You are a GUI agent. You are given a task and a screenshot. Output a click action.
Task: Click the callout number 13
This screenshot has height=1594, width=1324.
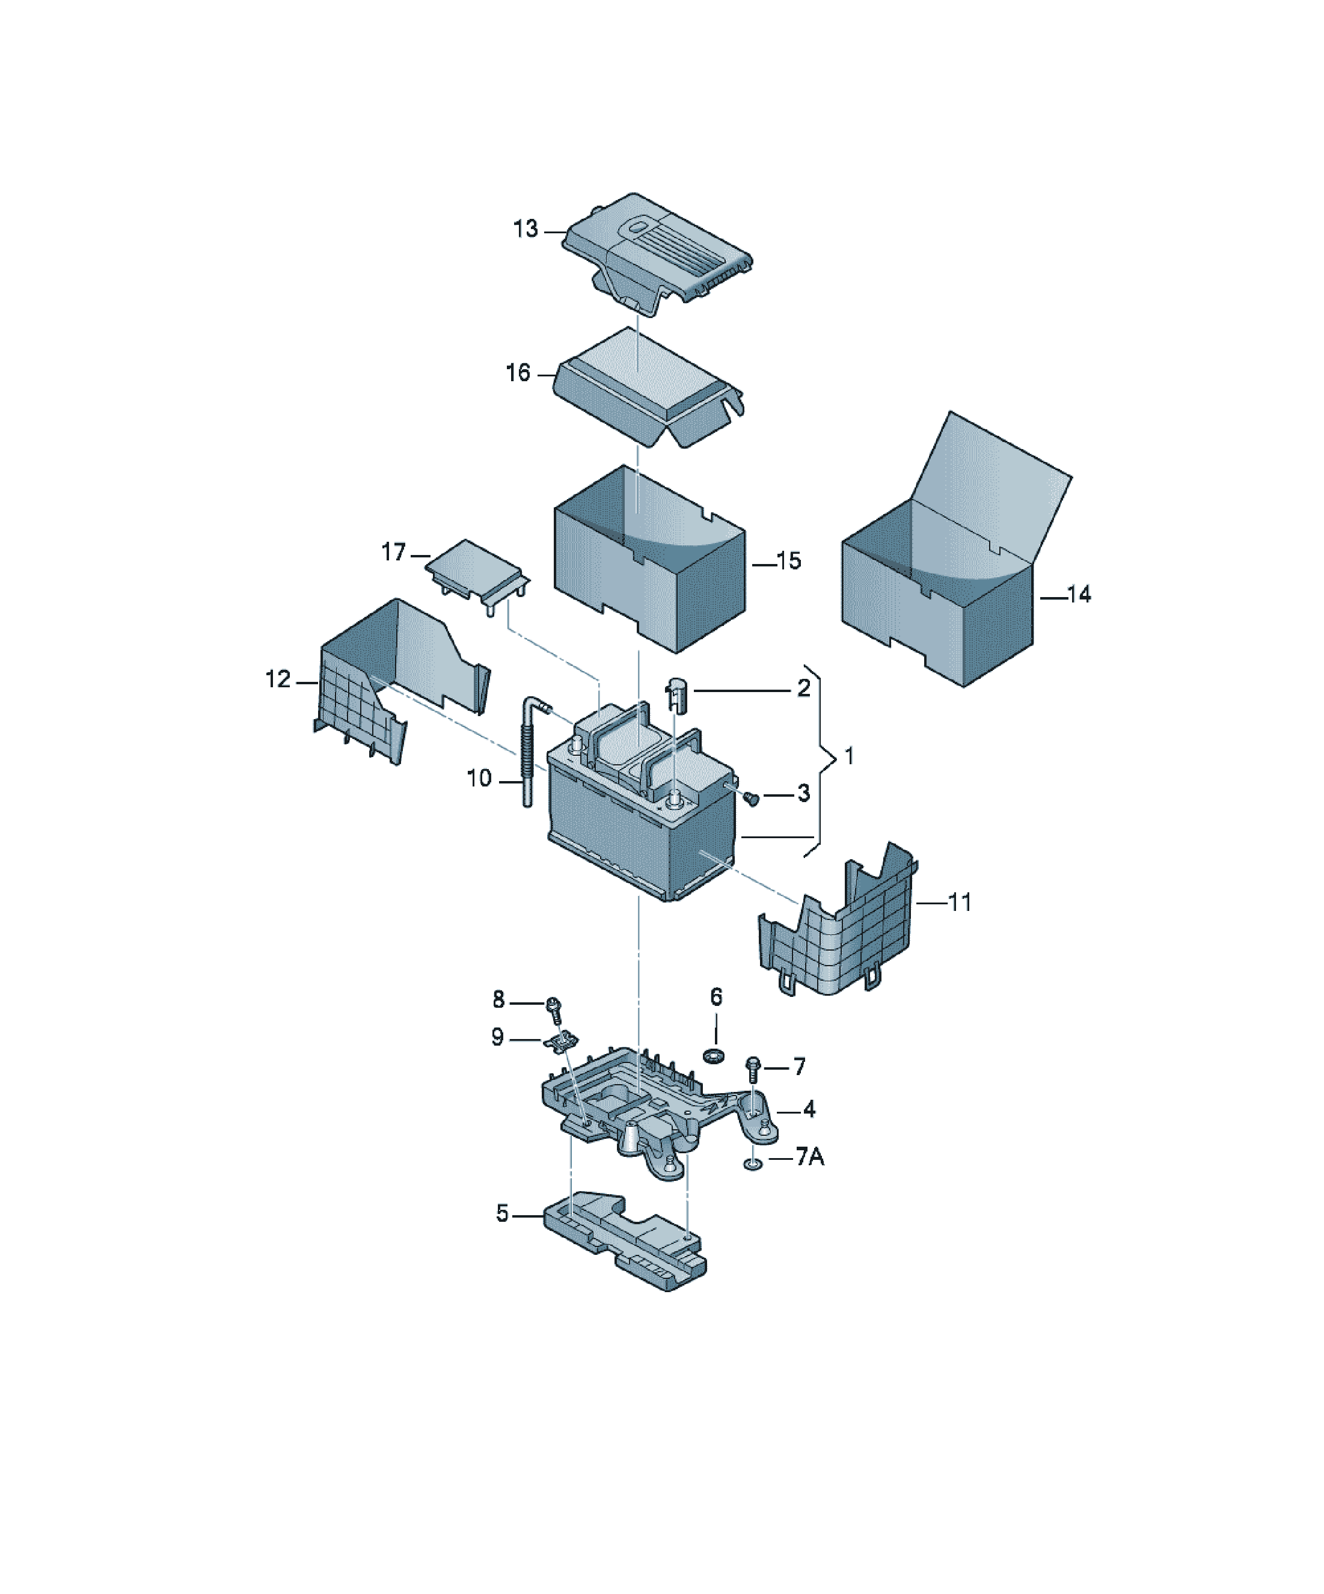pos(526,228)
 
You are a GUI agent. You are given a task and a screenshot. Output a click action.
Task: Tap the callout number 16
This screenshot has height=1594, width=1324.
pos(518,373)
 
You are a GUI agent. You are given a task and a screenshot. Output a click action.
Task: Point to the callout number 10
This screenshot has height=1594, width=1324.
pos(480,778)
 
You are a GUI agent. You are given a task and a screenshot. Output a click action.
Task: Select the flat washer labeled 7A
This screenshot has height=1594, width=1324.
pos(752,1163)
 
